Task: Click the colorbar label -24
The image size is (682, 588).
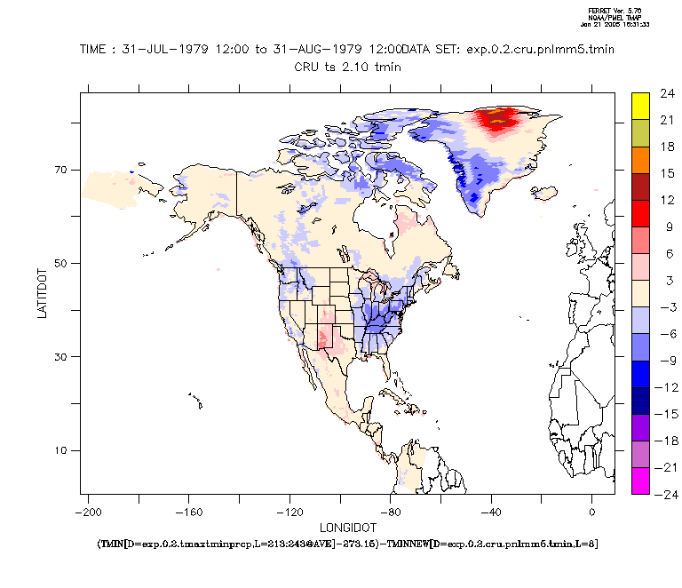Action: click(x=667, y=494)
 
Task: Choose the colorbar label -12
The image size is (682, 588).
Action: click(x=667, y=386)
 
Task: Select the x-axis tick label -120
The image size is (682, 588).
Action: click(x=289, y=512)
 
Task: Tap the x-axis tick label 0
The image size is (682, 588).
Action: click(x=591, y=512)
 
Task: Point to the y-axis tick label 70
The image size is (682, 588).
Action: click(x=63, y=170)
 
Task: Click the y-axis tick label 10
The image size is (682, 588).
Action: click(x=63, y=450)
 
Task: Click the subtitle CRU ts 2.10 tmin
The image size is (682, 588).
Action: click(x=348, y=66)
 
